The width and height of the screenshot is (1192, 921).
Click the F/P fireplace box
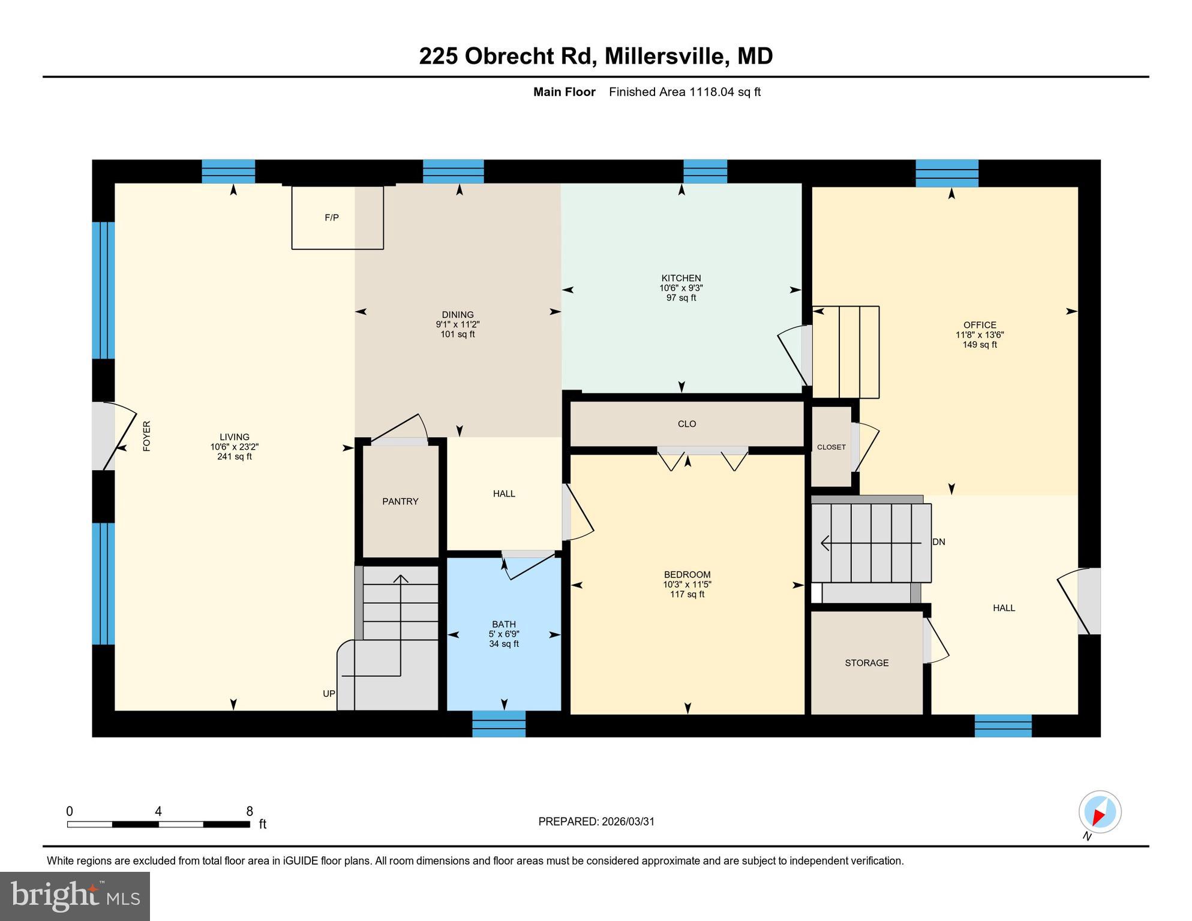(337, 217)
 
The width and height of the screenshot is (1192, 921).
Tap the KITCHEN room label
(681, 278)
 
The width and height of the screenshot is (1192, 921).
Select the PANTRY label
(400, 501)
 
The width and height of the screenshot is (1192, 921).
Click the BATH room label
(503, 624)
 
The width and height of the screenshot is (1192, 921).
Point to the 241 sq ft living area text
(234, 457)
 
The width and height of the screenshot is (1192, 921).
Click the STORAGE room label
(866, 663)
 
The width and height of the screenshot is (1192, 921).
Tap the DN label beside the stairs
(939, 542)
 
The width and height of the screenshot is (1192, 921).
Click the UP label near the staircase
(329, 694)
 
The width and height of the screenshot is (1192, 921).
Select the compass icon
(1100, 812)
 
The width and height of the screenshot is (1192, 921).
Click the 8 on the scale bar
(250, 811)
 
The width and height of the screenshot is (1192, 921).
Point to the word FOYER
(146, 436)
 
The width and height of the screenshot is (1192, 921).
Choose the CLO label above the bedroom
(686, 424)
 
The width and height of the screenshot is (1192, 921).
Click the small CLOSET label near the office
(831, 447)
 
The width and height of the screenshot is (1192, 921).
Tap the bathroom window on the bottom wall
(499, 724)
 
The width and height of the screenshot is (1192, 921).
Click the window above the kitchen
(705, 171)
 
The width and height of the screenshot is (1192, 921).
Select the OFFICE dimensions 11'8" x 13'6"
(980, 335)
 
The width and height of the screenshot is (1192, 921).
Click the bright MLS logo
(75, 896)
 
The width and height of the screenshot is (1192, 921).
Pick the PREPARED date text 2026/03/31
(626, 821)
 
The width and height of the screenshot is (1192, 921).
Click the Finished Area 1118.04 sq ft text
(684, 92)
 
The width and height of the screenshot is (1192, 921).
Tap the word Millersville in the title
(666, 56)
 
